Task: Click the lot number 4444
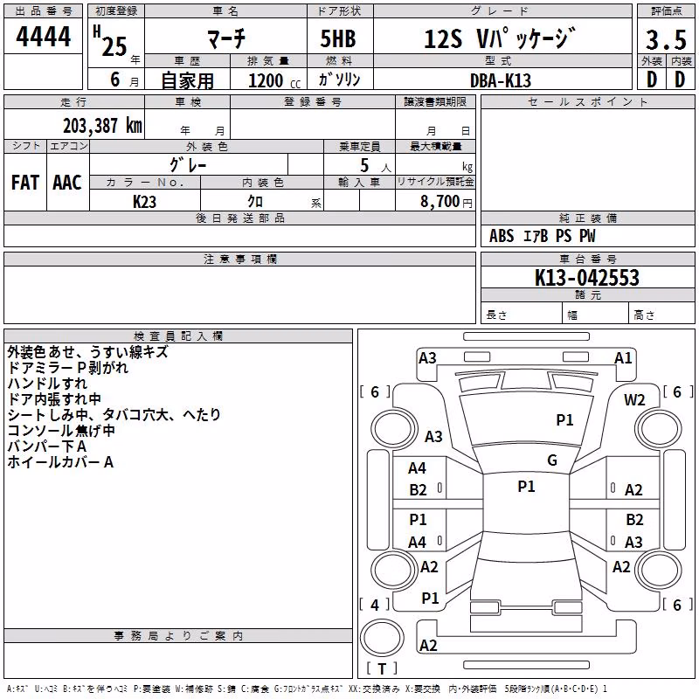pos(43,37)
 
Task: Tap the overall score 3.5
pos(666,39)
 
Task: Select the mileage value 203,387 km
pos(102,125)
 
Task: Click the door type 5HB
pos(338,38)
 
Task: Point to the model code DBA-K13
pos(501,80)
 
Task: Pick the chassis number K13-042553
pos(586,277)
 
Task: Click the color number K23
pos(144,202)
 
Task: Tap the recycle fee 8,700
pos(439,201)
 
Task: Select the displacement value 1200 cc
pos(274,80)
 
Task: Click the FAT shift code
pos(25,183)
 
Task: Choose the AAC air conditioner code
pos(67,183)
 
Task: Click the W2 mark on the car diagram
pos(634,400)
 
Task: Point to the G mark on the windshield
pos(552,460)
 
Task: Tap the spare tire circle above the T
pos(382,638)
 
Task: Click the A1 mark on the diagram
pos(623,358)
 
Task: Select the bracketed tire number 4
pos(375,605)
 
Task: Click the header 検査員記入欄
pos(178,336)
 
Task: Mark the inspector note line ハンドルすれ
pos(47,384)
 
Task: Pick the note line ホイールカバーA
pos(60,462)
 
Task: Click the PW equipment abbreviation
pos(587,236)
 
